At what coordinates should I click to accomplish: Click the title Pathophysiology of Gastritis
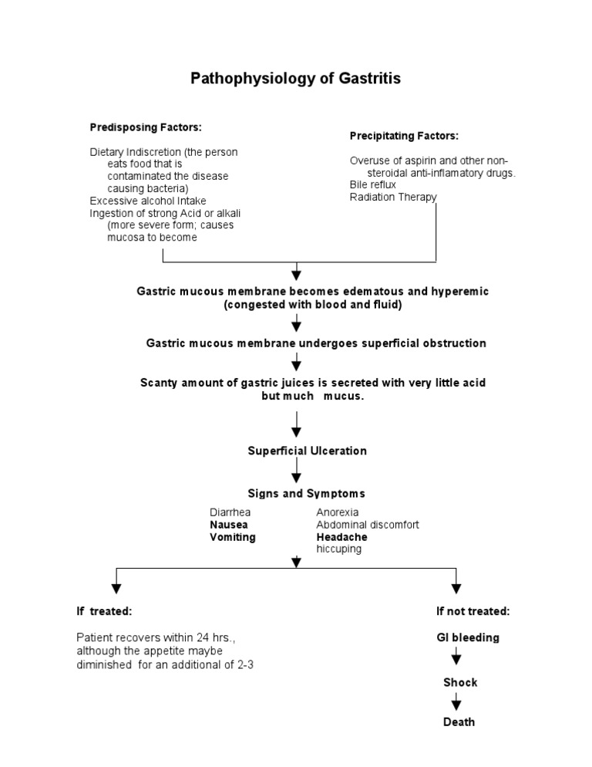pyautogui.click(x=296, y=79)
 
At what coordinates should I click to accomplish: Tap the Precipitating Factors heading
pyautogui.click(x=404, y=136)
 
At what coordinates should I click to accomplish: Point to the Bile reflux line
pyautogui.click(x=372, y=185)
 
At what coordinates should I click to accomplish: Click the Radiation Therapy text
pyautogui.click(x=393, y=197)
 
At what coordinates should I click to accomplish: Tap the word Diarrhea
pyautogui.click(x=230, y=512)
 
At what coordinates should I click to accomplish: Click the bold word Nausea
pyautogui.click(x=228, y=525)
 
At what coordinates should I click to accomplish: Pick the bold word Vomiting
pyautogui.click(x=232, y=537)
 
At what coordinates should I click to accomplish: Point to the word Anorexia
pyautogui.click(x=337, y=512)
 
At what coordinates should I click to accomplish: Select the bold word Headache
pyautogui.click(x=341, y=537)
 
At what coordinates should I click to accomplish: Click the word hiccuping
pyautogui.click(x=338, y=549)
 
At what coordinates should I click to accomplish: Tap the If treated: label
pyautogui.click(x=104, y=611)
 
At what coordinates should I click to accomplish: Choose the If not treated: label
pyautogui.click(x=473, y=611)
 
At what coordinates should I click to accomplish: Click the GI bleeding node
pyautogui.click(x=467, y=637)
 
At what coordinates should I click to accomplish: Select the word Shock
pyautogui.click(x=460, y=682)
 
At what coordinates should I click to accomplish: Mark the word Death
pyautogui.click(x=459, y=722)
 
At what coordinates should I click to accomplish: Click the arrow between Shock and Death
pyautogui.click(x=456, y=702)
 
